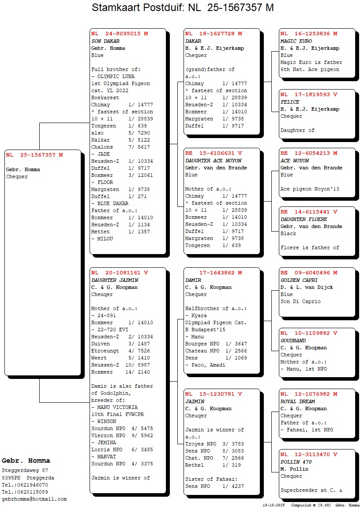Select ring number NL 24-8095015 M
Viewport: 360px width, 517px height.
tap(120, 34)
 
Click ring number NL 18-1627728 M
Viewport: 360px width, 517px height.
tap(214, 34)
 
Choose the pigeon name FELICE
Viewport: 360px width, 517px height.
tap(290, 102)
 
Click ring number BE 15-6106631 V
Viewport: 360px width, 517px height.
tap(214, 153)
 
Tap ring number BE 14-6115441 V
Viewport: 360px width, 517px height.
tap(309, 212)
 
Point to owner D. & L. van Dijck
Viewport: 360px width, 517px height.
tap(307, 287)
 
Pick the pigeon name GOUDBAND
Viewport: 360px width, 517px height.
tap(293, 341)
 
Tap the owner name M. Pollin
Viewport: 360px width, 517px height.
tap(294, 469)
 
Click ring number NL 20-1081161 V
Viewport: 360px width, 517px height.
tap(120, 273)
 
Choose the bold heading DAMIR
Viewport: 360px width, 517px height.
tap(193, 280)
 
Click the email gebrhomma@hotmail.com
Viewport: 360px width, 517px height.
tap(34, 499)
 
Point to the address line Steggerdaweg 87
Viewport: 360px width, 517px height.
tap(25, 471)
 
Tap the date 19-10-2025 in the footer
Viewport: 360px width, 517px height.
tap(274, 505)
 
